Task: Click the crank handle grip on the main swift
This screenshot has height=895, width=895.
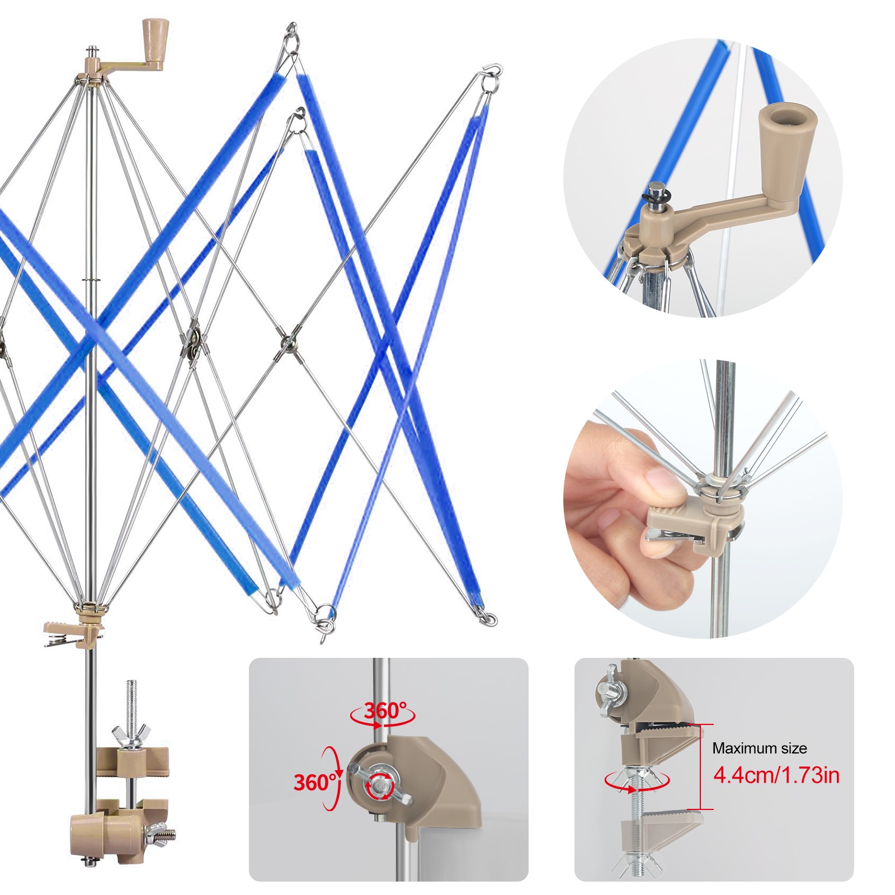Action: (x=156, y=45)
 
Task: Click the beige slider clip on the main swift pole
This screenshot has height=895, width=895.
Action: (x=74, y=633)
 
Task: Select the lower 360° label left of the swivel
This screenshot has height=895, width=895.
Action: (x=315, y=782)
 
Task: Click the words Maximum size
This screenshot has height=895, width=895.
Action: (x=759, y=748)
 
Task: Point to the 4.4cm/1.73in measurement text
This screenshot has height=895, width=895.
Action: (x=776, y=775)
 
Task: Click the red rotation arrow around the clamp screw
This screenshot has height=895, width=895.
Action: (x=637, y=781)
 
